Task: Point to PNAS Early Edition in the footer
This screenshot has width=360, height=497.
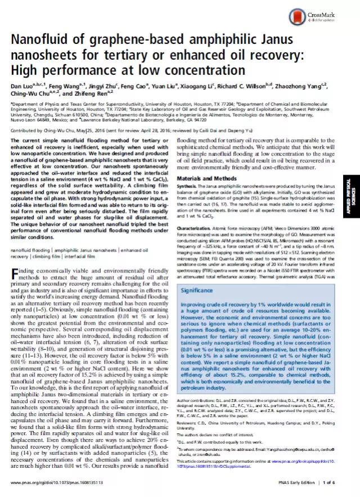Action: [292, 483]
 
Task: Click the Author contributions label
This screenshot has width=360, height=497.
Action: [197, 400]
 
